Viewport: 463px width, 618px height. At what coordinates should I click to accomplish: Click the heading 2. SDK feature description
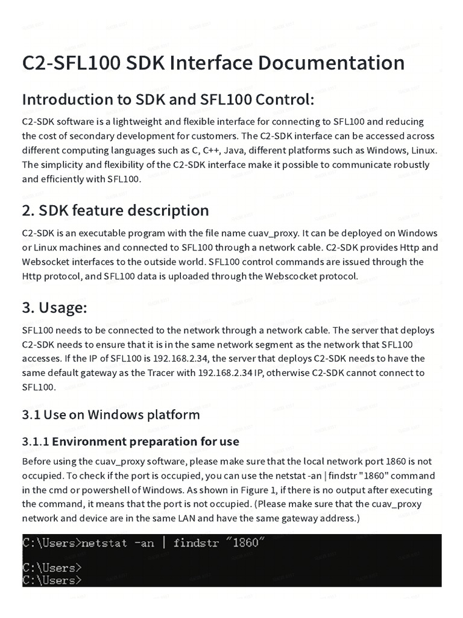click(115, 210)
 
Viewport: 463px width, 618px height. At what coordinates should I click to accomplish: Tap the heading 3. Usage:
click(55, 307)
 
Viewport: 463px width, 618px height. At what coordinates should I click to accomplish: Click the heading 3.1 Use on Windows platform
click(111, 415)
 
